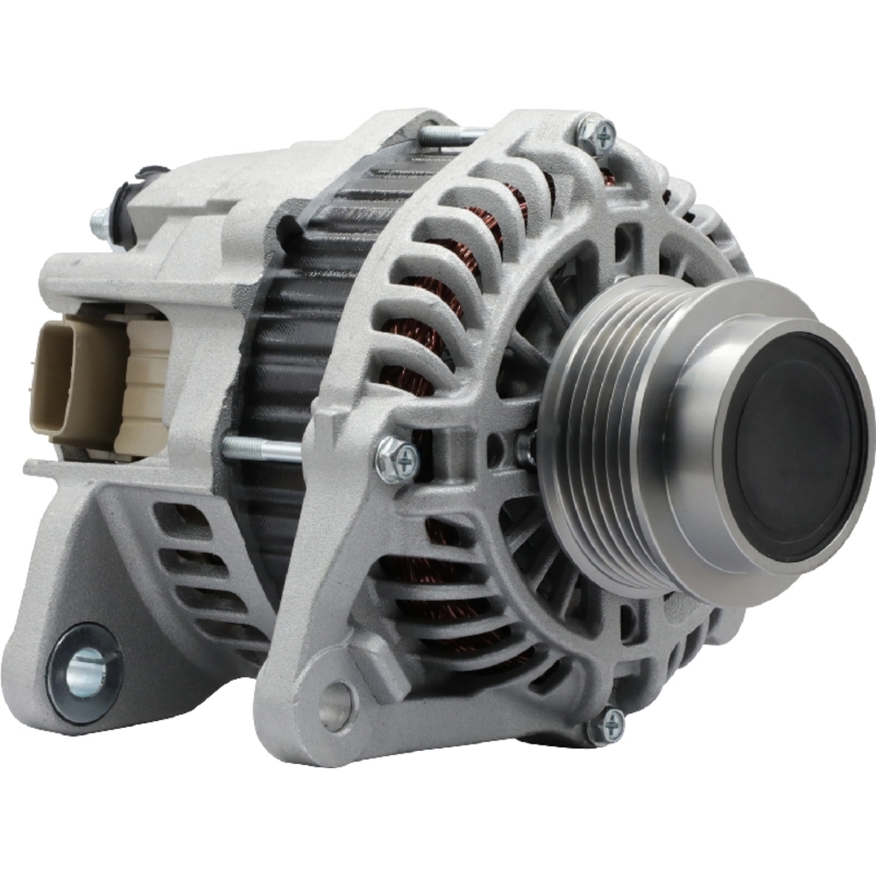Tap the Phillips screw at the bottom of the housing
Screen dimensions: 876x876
point(604,725)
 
